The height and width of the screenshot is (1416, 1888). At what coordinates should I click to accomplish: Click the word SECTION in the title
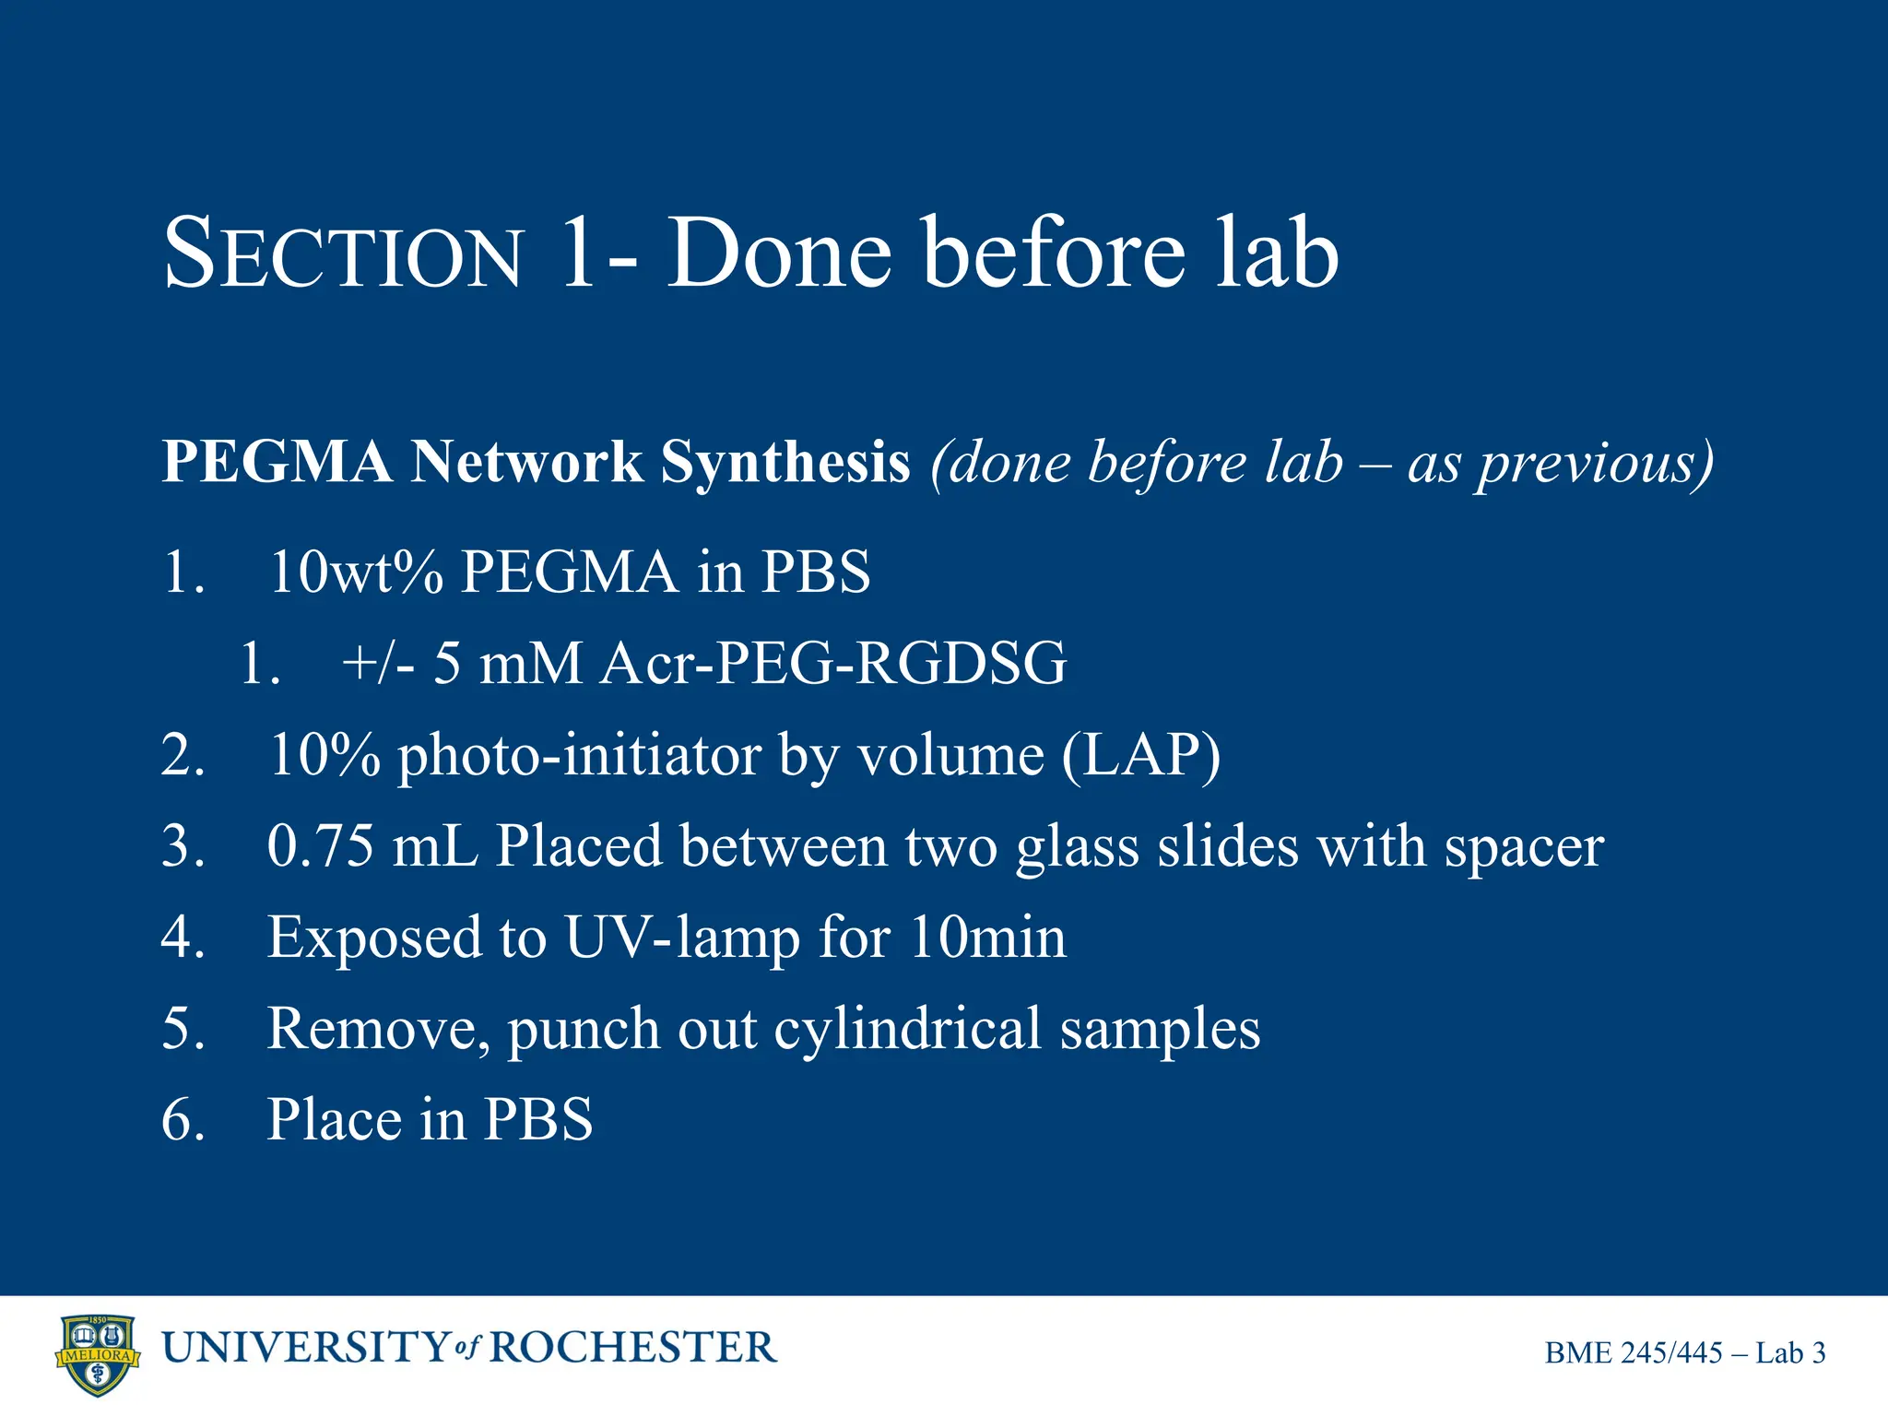point(343,254)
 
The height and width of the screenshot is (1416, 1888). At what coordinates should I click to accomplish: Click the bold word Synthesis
point(785,461)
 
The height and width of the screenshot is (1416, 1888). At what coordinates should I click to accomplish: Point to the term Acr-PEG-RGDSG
point(832,663)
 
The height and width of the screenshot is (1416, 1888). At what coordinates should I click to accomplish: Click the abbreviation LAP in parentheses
point(1139,754)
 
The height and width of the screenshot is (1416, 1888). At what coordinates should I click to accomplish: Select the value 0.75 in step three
point(320,845)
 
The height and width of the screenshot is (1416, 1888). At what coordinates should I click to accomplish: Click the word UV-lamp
point(681,938)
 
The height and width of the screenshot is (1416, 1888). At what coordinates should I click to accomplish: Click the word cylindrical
point(907,1029)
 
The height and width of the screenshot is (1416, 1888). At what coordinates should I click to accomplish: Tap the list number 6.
point(182,1120)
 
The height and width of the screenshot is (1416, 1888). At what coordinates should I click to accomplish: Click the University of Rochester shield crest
point(98,1354)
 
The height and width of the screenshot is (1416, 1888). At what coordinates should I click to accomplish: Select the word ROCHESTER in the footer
point(632,1348)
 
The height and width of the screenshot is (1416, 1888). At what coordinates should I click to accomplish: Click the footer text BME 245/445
point(1634,1352)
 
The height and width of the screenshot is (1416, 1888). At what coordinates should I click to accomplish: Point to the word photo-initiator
point(579,756)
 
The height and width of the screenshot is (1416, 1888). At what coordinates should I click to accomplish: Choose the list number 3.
point(182,845)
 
